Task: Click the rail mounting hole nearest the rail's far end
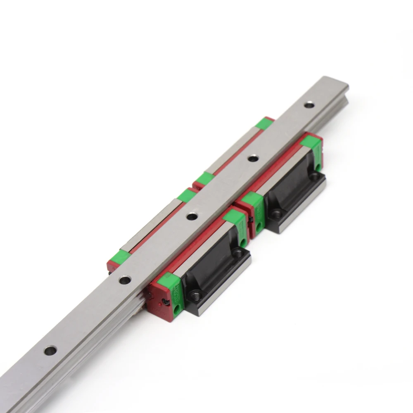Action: pyautogui.click(x=309, y=105)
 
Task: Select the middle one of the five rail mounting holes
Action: pyautogui.click(x=191, y=216)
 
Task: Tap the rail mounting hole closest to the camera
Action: pyautogui.click(x=50, y=351)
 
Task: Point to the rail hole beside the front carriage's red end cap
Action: pyautogui.click(x=125, y=280)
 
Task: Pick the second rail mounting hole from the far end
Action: pyautogui.click(x=253, y=158)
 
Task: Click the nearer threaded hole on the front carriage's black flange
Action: pyautogui.click(x=194, y=294)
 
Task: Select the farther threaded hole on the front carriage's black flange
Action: pyautogui.click(x=237, y=253)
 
